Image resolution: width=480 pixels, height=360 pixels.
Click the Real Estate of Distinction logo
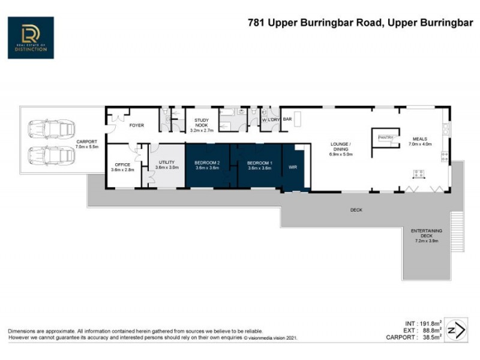point(31,37)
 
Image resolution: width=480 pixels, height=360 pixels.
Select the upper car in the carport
point(51,129)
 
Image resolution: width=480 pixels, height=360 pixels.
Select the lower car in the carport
point(51,156)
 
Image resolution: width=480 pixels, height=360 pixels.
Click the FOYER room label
point(138,125)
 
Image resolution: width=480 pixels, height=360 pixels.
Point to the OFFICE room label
point(122,164)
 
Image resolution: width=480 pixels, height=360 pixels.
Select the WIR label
point(293,167)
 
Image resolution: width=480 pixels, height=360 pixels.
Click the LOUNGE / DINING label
point(340,147)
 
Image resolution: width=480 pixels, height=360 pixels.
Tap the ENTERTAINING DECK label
point(426,235)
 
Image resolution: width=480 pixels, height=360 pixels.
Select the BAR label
point(287,119)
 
